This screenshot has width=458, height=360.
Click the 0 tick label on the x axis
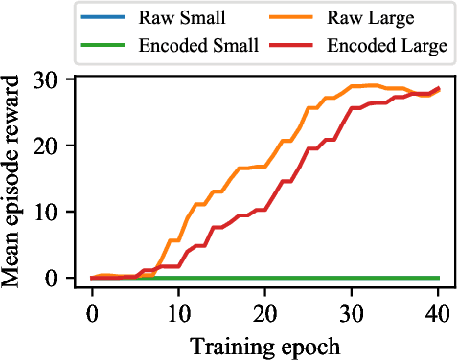coord(92,315)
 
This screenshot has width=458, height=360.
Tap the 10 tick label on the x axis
coord(178,315)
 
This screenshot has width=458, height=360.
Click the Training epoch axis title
coord(265,344)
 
